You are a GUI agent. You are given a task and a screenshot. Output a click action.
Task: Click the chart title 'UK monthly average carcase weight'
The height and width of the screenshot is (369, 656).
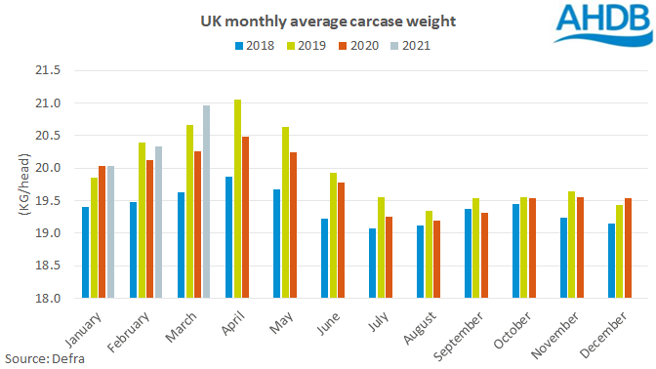(x=303, y=20)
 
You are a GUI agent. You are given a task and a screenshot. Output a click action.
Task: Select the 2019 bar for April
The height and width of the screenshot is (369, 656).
(x=237, y=199)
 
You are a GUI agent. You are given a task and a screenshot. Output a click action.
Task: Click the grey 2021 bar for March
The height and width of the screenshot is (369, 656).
(x=206, y=202)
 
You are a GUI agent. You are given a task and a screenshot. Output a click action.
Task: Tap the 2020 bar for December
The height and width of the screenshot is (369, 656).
(x=628, y=248)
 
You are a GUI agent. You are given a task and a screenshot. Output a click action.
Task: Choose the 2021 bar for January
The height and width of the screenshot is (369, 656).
(x=111, y=232)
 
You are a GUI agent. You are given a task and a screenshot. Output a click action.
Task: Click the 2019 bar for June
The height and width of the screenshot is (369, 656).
(x=333, y=235)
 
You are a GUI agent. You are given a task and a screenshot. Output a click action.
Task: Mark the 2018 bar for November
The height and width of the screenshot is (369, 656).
(x=563, y=258)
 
